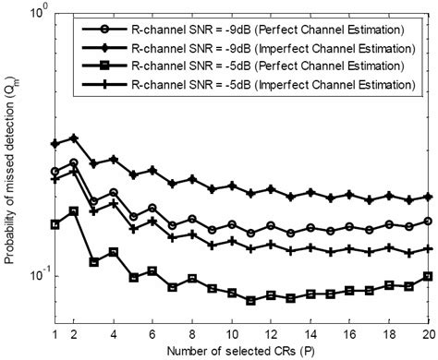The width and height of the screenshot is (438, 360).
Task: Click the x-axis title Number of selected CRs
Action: pyautogui.click(x=241, y=352)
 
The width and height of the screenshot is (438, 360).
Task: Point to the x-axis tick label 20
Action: pyautogui.click(x=428, y=334)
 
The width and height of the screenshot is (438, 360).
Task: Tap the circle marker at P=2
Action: pyautogui.click(x=74, y=162)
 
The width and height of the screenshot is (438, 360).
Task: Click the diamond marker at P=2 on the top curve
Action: pyautogui.click(x=74, y=138)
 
